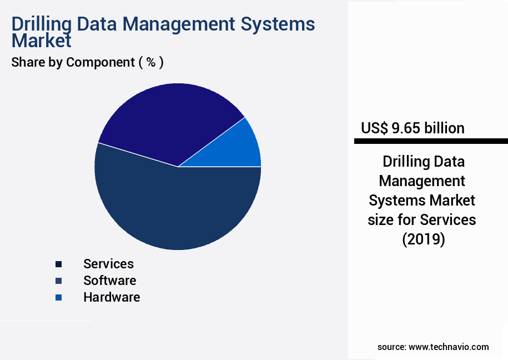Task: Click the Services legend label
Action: click(108, 264)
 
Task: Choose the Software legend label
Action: click(109, 281)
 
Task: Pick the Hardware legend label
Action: click(111, 297)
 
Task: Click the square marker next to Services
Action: click(58, 264)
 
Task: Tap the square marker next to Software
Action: click(58, 281)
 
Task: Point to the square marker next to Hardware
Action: click(58, 298)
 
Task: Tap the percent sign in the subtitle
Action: click(150, 62)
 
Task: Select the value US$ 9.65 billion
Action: click(413, 128)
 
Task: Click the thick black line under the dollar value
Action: click(431, 142)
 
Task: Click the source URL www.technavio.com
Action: click(449, 347)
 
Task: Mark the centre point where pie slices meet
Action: click(178, 167)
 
